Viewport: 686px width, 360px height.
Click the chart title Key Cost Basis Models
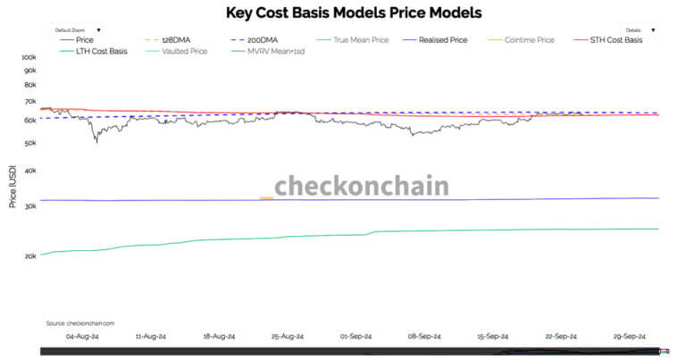342,13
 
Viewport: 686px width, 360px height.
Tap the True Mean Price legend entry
357,40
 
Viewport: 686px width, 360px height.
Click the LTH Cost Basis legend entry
98,51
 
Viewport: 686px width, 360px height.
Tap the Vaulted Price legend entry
184,51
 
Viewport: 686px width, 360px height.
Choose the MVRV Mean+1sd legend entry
272,51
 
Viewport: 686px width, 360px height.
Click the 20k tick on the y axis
29,255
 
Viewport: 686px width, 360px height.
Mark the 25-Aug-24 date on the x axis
288,337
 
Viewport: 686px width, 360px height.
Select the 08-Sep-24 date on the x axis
424,337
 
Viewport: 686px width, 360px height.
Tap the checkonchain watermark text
361,187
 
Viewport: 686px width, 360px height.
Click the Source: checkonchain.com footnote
79,322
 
